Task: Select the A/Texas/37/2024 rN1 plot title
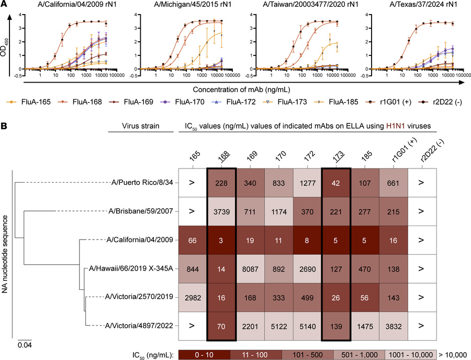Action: coord(415,6)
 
